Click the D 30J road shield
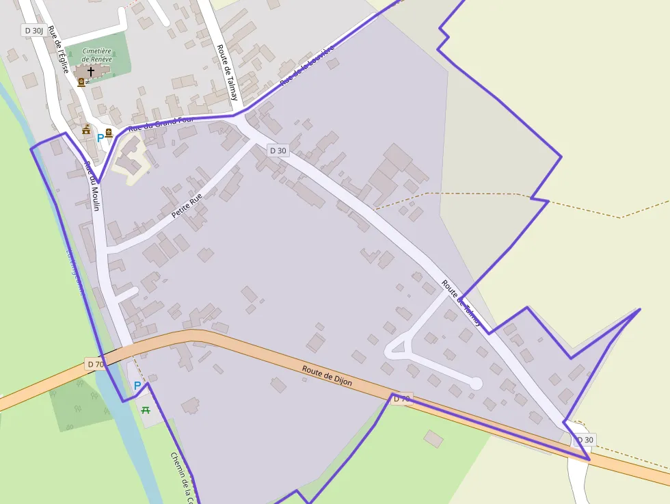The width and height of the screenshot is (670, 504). [33, 30]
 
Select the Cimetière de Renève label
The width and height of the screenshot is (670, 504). [96, 55]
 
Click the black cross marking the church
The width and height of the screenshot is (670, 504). [91, 70]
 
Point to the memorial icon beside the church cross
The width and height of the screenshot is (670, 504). [81, 83]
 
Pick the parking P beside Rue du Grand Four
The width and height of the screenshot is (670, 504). [100, 137]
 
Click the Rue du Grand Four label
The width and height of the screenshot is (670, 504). [161, 123]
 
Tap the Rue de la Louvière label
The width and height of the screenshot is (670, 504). [307, 66]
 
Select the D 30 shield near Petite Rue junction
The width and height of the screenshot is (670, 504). [278, 150]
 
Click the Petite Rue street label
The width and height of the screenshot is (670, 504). [187, 206]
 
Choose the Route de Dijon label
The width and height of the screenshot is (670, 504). [327, 375]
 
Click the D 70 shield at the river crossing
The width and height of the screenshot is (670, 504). [95, 364]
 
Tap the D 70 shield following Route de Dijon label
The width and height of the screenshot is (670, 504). [401, 398]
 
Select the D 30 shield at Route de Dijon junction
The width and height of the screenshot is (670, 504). [584, 440]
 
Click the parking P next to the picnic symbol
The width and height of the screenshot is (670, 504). [137, 386]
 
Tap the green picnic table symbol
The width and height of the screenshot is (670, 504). [145, 410]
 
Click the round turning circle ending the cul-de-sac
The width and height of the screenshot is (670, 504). [475, 384]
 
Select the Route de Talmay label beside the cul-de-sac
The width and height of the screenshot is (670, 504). [461, 302]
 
